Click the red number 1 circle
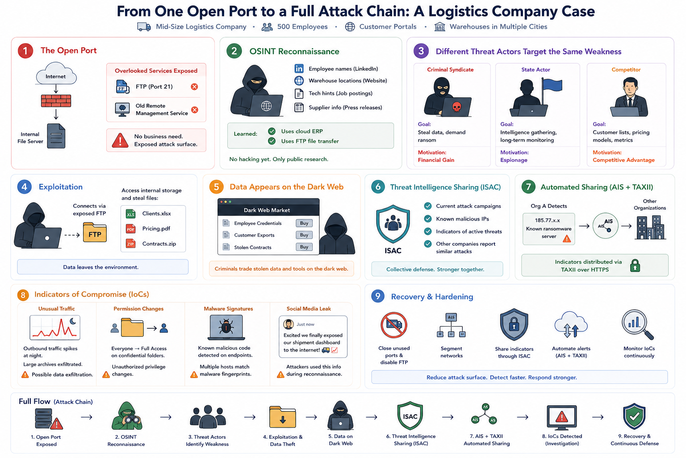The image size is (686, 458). (25, 51)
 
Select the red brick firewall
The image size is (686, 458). (56, 101)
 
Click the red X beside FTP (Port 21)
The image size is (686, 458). (194, 87)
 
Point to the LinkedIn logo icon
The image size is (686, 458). (299, 68)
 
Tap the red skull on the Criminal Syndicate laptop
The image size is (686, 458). (456, 107)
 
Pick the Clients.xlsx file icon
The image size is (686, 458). (131, 213)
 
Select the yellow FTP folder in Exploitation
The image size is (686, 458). (95, 232)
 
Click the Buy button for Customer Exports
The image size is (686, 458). (304, 235)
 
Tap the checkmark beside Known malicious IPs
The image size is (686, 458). (428, 219)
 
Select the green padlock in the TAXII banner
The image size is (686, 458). (635, 265)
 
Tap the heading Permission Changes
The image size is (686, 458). (138, 309)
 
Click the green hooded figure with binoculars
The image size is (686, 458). (126, 416)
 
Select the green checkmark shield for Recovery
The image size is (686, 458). (634, 416)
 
